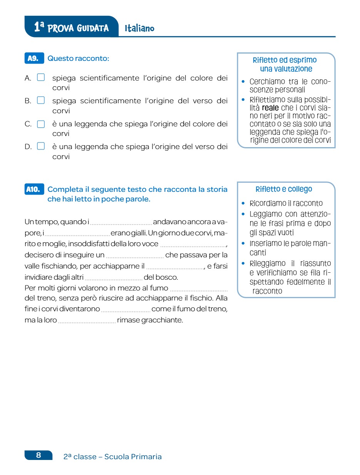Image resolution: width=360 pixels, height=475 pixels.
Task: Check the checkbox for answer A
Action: (41, 77)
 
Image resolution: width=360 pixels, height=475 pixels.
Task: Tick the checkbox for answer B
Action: (41, 101)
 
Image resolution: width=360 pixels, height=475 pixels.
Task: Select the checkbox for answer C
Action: (41, 124)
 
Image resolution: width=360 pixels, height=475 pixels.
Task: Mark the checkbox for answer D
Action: (41, 146)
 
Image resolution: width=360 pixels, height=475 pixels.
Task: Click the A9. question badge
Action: (34, 59)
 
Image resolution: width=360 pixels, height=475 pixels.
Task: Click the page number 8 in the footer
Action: (39, 455)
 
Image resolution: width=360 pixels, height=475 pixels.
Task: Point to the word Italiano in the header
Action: (139, 29)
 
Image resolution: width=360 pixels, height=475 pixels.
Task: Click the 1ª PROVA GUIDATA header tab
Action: (71, 27)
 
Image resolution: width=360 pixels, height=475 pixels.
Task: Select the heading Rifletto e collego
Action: (284, 189)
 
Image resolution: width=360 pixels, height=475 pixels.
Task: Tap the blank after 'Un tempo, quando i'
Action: (121, 222)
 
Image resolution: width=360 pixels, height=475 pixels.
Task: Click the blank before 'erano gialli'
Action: (77, 233)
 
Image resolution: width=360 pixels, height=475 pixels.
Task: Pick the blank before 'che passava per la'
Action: (134, 255)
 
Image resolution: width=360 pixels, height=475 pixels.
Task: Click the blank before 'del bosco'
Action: (113, 278)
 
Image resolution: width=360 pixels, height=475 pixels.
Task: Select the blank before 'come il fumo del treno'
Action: (125, 310)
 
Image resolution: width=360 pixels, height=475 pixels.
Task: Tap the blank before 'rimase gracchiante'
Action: (87, 321)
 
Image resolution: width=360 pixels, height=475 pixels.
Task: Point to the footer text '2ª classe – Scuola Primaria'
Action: (112, 457)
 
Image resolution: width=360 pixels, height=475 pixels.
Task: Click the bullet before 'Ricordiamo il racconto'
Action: (243, 203)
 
